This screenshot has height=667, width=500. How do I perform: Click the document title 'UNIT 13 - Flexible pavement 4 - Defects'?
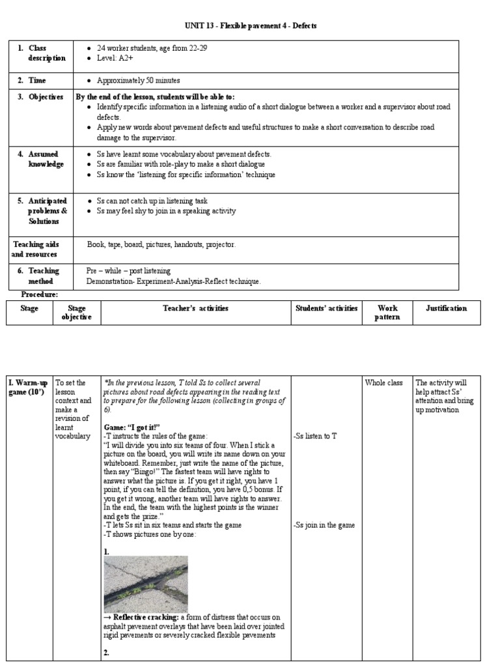[x=251, y=25]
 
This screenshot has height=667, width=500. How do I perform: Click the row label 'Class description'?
[x=46, y=53]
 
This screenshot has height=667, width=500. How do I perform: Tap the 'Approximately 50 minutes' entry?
[x=138, y=81]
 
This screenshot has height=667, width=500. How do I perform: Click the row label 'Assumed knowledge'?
[x=46, y=160]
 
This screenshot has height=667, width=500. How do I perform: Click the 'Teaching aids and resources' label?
[x=35, y=249]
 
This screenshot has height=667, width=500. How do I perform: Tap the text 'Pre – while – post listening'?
[x=128, y=270]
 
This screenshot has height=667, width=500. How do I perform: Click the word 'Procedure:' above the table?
[x=40, y=295]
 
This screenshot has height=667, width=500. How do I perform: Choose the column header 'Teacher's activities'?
[x=195, y=309]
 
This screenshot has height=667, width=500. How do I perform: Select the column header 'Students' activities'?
[x=326, y=309]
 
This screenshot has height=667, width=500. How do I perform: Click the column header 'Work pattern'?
[x=387, y=313]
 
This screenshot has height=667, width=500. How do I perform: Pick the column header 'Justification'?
[x=446, y=309]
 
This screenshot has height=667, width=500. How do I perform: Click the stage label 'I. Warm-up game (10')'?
[x=29, y=388]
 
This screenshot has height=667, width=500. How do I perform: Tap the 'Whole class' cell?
[x=385, y=383]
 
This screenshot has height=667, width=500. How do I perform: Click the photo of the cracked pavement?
[x=146, y=584]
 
